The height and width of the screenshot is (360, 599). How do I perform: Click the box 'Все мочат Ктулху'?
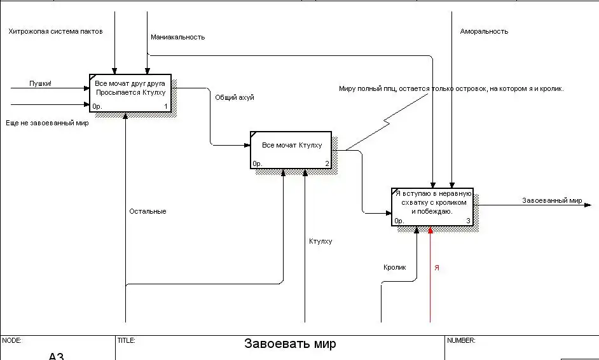pos(291,150)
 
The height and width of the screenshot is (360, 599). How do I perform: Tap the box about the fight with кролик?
pos(432,207)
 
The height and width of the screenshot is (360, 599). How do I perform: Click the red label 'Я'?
pos(436,268)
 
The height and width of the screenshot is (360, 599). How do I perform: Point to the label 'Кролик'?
pos(394,268)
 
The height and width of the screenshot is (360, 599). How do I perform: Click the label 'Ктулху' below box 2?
pos(320,241)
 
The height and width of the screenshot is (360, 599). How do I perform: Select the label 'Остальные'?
pos(148,211)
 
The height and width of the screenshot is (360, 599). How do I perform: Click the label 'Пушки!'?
pos(40,83)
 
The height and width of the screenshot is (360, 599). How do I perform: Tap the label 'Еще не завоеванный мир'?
pos(47,123)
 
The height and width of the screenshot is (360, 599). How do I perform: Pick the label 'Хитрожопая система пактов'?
pos(55,31)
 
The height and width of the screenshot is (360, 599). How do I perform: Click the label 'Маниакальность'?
pos(177,37)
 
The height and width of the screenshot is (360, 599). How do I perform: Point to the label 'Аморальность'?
pos(484,31)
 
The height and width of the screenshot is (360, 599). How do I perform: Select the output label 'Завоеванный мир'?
pos(552,200)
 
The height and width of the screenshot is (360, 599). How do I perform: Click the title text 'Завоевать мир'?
pos(290,344)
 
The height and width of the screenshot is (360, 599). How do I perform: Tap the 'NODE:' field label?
pos(11,340)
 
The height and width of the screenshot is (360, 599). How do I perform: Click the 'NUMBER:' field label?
pos(461,340)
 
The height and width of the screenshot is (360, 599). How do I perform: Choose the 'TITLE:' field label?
pos(126,340)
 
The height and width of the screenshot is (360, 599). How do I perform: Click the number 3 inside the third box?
pos(469,221)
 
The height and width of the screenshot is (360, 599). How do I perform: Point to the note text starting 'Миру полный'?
pos(451,89)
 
